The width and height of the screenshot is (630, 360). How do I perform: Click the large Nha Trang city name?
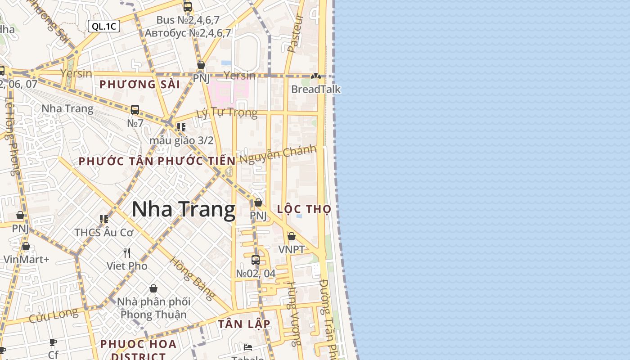click(184, 210)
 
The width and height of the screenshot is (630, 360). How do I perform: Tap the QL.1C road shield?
click(104, 26)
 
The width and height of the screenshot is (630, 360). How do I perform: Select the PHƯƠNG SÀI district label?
click(139, 84)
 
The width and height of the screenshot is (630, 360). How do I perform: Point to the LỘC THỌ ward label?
click(304, 209)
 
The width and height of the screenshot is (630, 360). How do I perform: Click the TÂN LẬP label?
click(244, 324)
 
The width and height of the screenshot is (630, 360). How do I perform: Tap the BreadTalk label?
click(316, 89)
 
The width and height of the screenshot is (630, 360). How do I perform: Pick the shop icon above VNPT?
click(292, 236)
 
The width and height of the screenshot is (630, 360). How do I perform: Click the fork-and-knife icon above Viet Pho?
click(127, 253)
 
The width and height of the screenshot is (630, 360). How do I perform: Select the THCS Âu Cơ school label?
click(104, 233)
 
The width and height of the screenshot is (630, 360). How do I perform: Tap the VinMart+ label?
click(26, 259)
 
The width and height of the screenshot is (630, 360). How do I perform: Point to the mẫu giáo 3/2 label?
click(181, 140)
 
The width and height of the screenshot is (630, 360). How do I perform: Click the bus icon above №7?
click(135, 109)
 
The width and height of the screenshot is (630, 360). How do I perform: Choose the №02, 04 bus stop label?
click(256, 273)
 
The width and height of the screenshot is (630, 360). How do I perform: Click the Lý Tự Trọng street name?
click(227, 112)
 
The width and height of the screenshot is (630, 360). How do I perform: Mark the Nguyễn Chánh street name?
click(278, 154)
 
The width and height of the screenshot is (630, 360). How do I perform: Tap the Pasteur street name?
click(295, 33)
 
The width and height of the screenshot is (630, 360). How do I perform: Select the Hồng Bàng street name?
click(192, 279)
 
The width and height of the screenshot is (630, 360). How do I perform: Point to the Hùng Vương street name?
click(294, 314)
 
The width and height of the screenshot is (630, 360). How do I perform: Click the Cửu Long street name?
click(53, 315)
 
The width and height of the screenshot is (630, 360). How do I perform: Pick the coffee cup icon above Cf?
click(53, 342)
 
